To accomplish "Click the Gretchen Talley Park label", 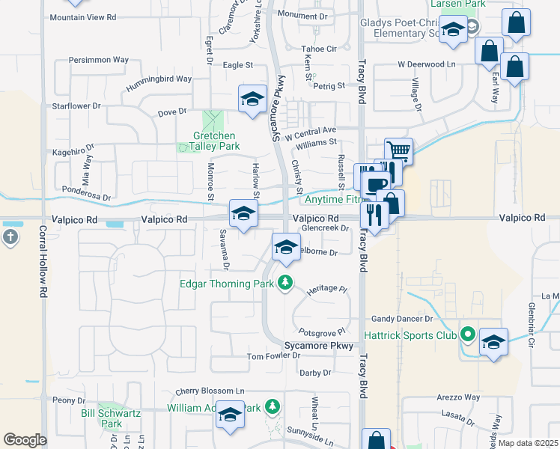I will click(x=213, y=141).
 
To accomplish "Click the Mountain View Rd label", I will click(x=83, y=16).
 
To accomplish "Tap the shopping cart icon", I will click(x=399, y=151).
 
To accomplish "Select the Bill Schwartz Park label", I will click(x=102, y=418).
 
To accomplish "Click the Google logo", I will click(x=25, y=440).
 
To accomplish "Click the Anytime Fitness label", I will click(x=331, y=200).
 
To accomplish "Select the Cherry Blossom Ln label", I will click(x=210, y=391).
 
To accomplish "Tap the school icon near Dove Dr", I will click(x=252, y=100).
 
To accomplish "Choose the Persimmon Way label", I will click(x=99, y=59).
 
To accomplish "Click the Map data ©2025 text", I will click(x=528, y=443).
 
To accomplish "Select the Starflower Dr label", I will click(x=76, y=106).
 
